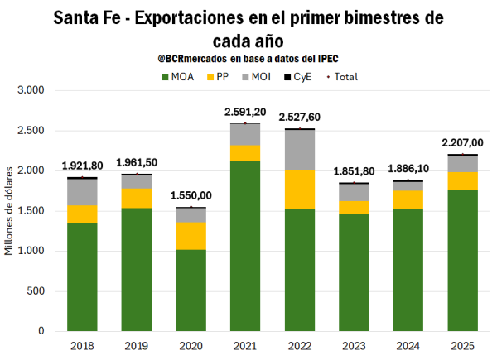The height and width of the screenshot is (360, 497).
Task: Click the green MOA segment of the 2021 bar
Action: coord(244,246)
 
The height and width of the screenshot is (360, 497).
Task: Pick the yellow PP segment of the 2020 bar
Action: coord(191,236)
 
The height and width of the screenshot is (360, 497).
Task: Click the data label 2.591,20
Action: coord(244,112)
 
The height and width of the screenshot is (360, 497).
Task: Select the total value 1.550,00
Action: coord(191,195)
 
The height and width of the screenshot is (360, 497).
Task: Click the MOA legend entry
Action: coord(180,76)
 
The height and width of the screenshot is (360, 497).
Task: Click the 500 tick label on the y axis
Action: coord(36,291)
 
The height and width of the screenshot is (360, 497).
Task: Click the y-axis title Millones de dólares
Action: coord(11,211)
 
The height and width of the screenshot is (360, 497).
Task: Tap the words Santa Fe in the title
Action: coord(90,18)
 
